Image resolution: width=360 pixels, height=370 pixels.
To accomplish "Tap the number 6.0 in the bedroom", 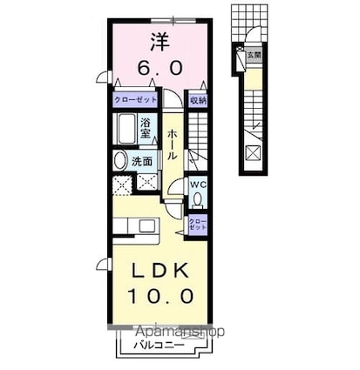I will pyautogui.click(x=158, y=66).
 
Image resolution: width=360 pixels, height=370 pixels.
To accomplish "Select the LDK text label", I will pyautogui.click(x=158, y=271).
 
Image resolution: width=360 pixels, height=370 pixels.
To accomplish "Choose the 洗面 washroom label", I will pyautogui.click(x=142, y=161).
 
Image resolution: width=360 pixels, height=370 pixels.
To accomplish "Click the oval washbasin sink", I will pyautogui.click(x=120, y=161).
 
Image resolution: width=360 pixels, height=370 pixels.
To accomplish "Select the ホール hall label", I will pyautogui.click(x=173, y=142).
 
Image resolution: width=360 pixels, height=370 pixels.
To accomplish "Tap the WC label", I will pyautogui.click(x=198, y=185).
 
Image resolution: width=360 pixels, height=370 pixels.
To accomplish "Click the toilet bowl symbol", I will pyautogui.click(x=197, y=198).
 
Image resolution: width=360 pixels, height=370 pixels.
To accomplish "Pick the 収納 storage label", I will pyautogui.click(x=198, y=101).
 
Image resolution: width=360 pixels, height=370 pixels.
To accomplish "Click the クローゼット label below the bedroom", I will pyautogui.click(x=134, y=101).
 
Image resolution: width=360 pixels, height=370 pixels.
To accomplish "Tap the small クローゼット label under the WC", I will pyautogui.click(x=198, y=224).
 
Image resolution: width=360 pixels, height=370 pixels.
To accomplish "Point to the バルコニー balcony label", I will pyautogui.click(x=158, y=345).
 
